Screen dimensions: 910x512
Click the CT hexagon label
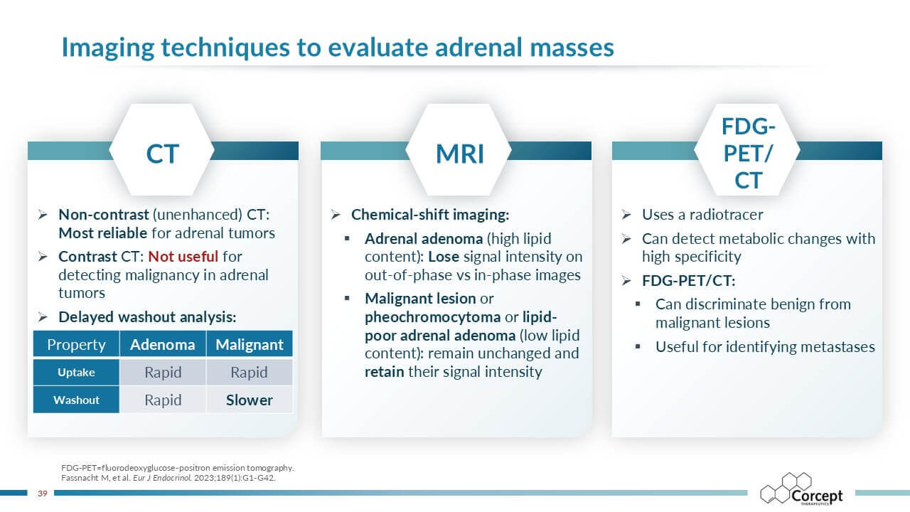coord(163,154)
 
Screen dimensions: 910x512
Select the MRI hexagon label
coord(460,154)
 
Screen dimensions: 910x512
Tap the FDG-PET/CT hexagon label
coord(749,153)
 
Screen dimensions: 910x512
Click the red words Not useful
coord(183,257)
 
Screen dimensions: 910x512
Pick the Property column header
coord(76,345)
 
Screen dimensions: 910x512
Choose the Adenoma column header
coord(163,345)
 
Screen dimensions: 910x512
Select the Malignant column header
coord(250,345)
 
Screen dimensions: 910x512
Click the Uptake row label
coord(76,372)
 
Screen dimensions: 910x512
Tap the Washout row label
coord(76,400)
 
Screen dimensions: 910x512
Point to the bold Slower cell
coord(250,400)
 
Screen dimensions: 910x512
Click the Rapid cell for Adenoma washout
coord(163,400)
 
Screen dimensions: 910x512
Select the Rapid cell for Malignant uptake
coord(249,373)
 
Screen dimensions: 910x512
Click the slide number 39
coord(42,494)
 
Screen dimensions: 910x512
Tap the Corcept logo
coord(801,489)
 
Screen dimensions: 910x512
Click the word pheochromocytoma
coord(433,317)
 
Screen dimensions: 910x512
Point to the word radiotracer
coord(727,215)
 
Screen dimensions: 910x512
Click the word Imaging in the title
coord(108,48)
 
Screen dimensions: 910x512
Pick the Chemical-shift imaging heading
coord(430,215)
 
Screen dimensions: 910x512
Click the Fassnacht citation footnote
coord(168,478)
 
